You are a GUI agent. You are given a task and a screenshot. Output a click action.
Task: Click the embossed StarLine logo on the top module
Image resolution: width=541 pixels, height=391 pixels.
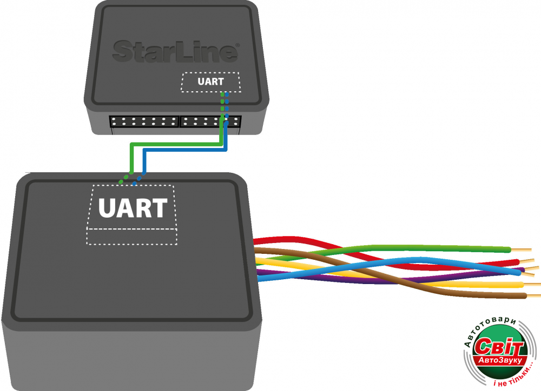175,51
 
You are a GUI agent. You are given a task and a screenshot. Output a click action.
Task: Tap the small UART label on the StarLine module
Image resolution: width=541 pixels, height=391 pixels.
210,82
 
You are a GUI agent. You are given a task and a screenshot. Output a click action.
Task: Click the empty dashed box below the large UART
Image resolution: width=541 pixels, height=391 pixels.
132,236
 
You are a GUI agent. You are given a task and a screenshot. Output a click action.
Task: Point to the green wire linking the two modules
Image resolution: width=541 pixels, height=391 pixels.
173,144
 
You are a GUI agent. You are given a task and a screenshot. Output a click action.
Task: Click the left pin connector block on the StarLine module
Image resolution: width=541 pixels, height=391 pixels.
144,121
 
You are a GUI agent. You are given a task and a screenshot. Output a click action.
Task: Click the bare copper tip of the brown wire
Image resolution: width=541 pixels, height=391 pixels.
533,295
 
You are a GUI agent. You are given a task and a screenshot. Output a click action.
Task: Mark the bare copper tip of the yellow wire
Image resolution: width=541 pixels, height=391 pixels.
531,284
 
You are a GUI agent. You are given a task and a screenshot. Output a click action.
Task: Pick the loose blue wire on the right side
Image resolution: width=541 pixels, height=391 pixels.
433,261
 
